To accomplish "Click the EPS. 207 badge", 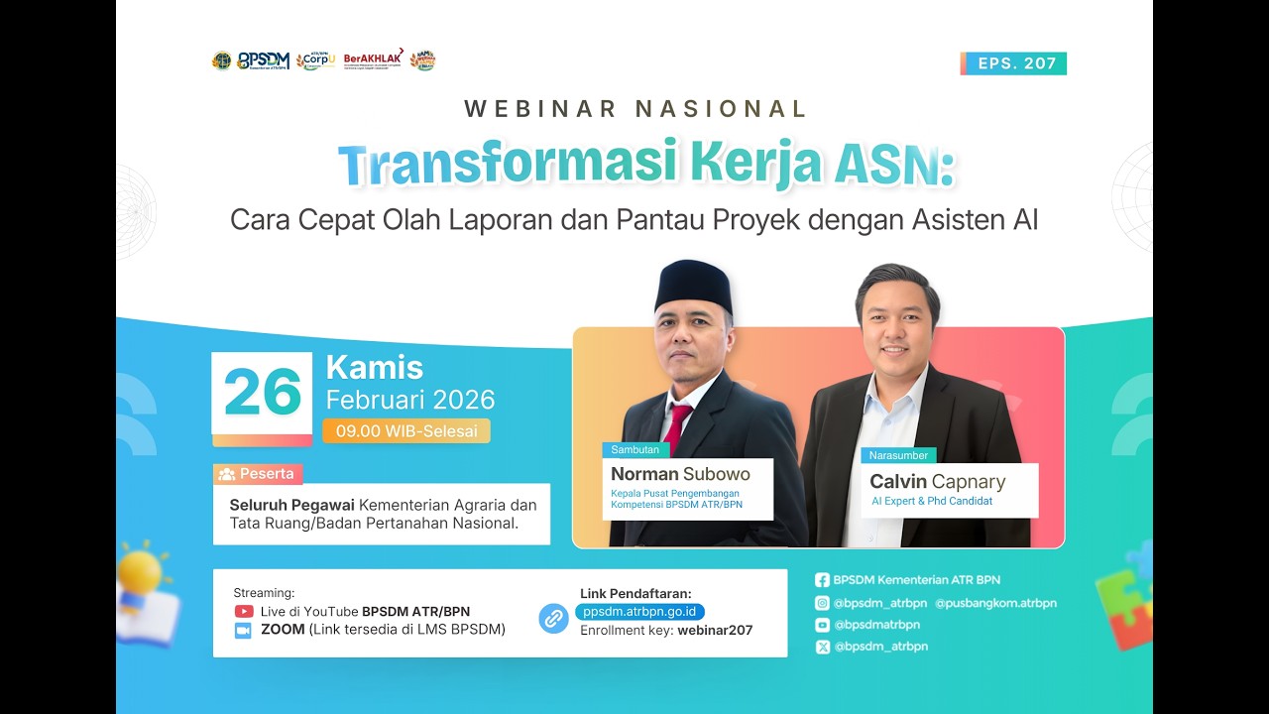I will click(x=1014, y=63).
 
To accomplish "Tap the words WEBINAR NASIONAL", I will click(x=635, y=109).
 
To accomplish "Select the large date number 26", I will click(x=263, y=393).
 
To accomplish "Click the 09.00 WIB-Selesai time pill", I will click(x=406, y=431).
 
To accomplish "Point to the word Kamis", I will click(x=375, y=368).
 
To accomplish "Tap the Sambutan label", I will click(x=635, y=449).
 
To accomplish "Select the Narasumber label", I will click(x=898, y=455).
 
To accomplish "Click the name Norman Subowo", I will click(x=680, y=474).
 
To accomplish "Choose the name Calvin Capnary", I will click(x=937, y=482).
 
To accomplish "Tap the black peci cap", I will click(x=694, y=288).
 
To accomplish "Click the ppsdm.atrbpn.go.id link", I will click(x=639, y=612).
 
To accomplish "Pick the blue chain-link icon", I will click(x=553, y=619).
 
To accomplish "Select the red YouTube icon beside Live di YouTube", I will click(x=244, y=612).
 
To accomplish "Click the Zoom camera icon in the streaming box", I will click(x=244, y=630).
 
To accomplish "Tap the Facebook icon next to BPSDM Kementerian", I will click(x=822, y=580).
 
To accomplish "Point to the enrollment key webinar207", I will click(x=715, y=631).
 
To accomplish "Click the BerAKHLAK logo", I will click(x=374, y=59).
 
